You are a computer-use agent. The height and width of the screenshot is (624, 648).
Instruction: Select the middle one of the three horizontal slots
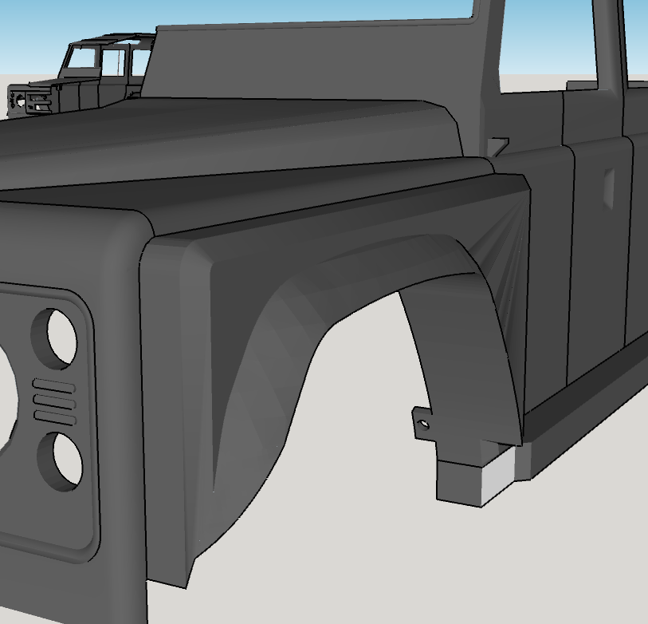click(x=55, y=402)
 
